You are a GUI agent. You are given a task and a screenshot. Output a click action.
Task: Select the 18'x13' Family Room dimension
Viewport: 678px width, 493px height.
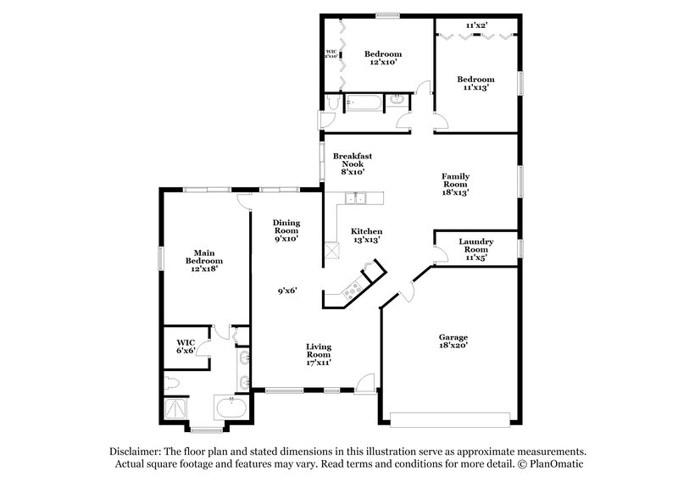tap(455, 192)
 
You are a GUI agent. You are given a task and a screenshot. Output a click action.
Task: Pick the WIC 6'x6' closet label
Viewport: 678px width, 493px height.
tap(186, 346)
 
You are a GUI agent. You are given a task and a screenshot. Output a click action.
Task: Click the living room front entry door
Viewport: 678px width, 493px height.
tap(366, 384)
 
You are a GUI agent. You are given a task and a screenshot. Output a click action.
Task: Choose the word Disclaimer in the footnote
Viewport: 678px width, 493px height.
tap(137, 452)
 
